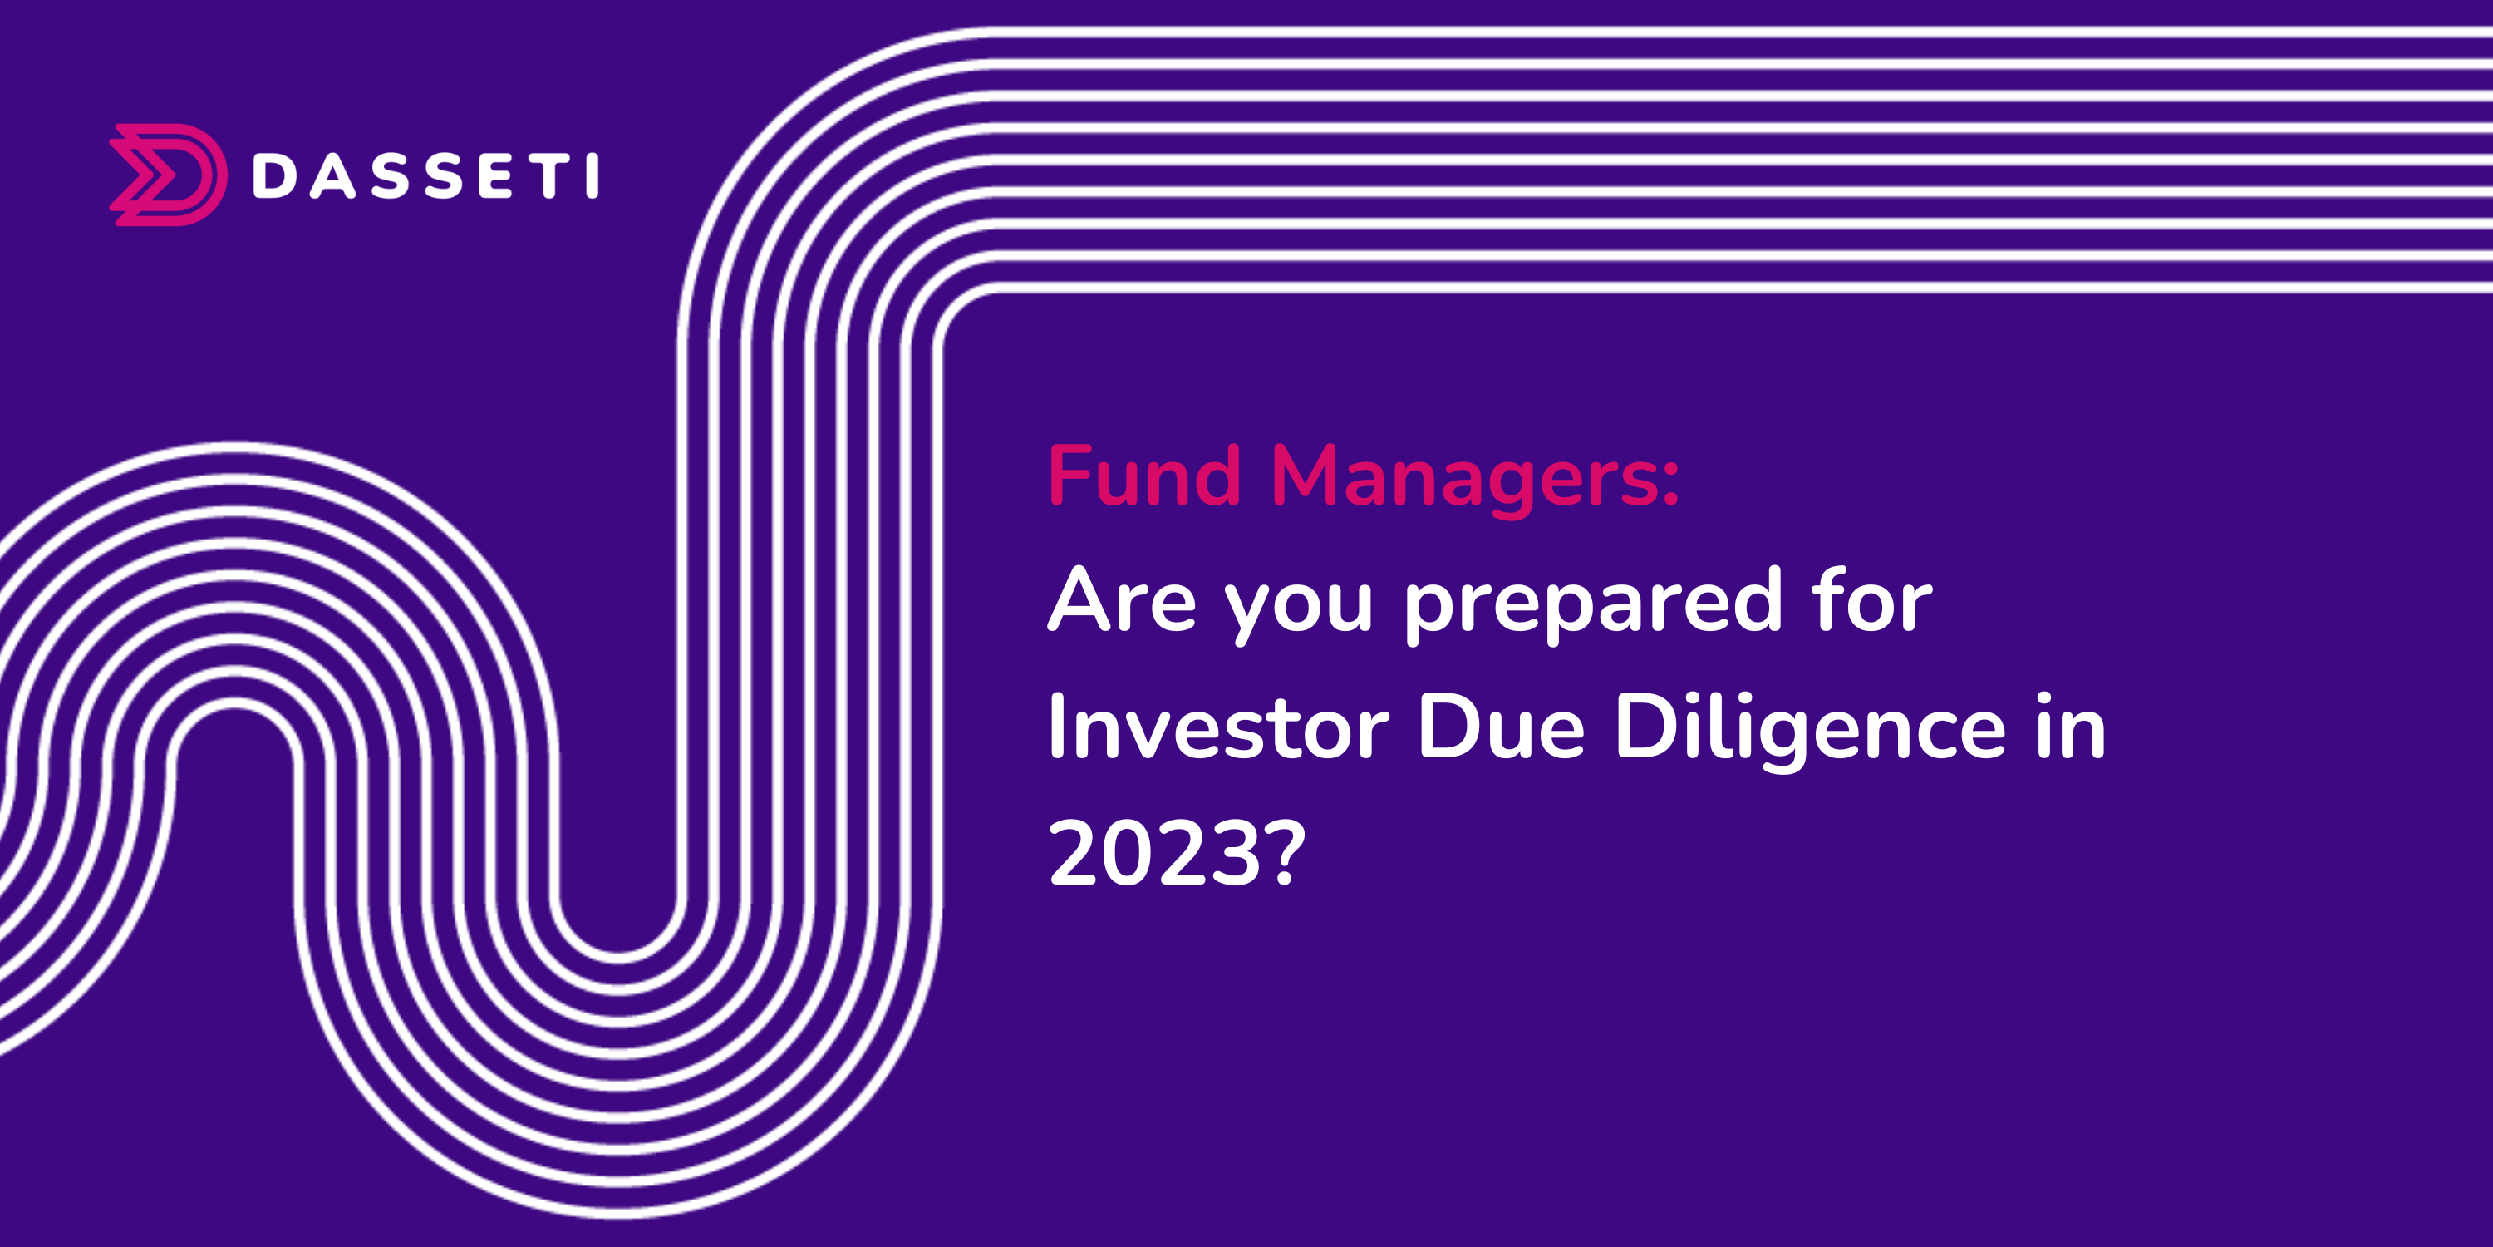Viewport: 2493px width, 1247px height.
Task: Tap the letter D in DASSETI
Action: coord(274,176)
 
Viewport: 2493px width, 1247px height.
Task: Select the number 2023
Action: coord(1156,853)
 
